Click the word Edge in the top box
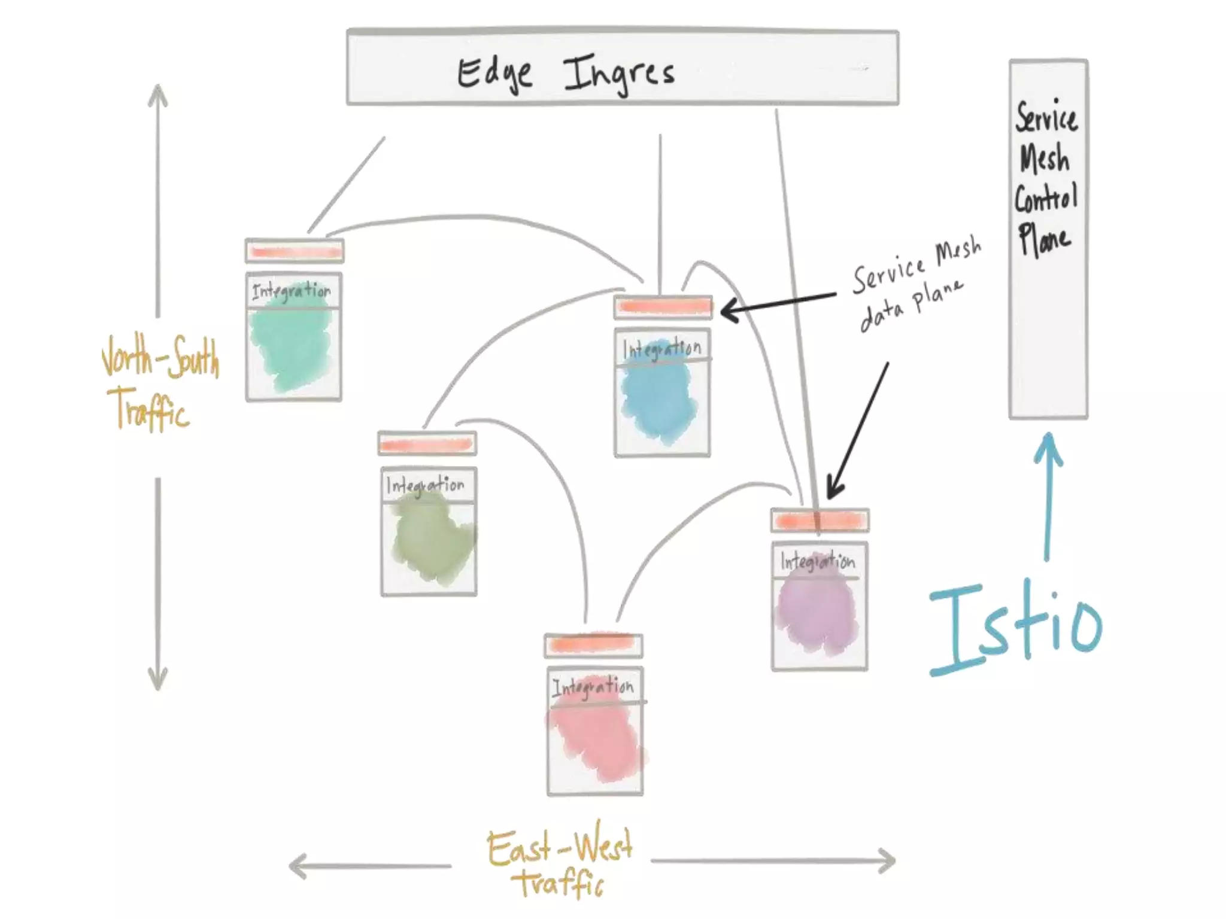(494, 75)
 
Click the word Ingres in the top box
(620, 75)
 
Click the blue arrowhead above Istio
(1049, 446)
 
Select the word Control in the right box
(1046, 197)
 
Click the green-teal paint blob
(290, 347)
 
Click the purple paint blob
(817, 613)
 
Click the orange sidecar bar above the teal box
(295, 252)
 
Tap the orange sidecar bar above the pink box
(593, 644)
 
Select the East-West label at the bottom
(560, 847)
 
